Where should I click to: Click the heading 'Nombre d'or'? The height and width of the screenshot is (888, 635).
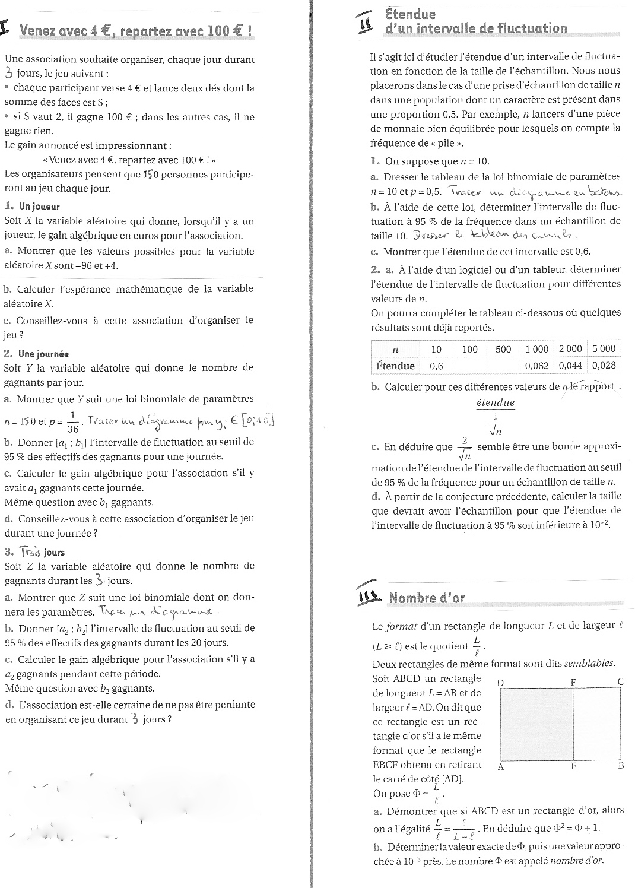pyautogui.click(x=427, y=598)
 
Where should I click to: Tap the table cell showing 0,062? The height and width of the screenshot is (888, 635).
pyautogui.click(x=536, y=366)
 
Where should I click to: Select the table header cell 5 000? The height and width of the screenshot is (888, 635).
pyautogui.click(x=604, y=349)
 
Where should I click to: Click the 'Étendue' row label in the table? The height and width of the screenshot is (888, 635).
pyautogui.click(x=395, y=366)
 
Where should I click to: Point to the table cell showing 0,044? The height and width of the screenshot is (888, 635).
pyautogui.click(x=570, y=366)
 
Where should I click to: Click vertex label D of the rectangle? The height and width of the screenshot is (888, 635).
pyautogui.click(x=500, y=683)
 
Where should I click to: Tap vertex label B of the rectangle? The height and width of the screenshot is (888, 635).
pyautogui.click(x=621, y=766)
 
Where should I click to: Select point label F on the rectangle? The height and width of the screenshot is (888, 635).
pyautogui.click(x=573, y=683)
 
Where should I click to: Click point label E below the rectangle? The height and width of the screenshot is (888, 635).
pyautogui.click(x=574, y=766)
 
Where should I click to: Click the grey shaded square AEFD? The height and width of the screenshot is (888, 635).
pyautogui.click(x=536, y=724)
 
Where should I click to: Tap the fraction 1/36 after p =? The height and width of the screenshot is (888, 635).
pyautogui.click(x=73, y=421)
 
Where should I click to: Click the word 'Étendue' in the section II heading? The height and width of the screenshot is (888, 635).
pyautogui.click(x=410, y=14)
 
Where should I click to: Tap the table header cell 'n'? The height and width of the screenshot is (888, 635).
pyautogui.click(x=395, y=349)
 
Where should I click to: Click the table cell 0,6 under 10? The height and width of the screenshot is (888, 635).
pyautogui.click(x=436, y=366)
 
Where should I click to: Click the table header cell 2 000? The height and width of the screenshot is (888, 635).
pyautogui.click(x=570, y=349)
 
